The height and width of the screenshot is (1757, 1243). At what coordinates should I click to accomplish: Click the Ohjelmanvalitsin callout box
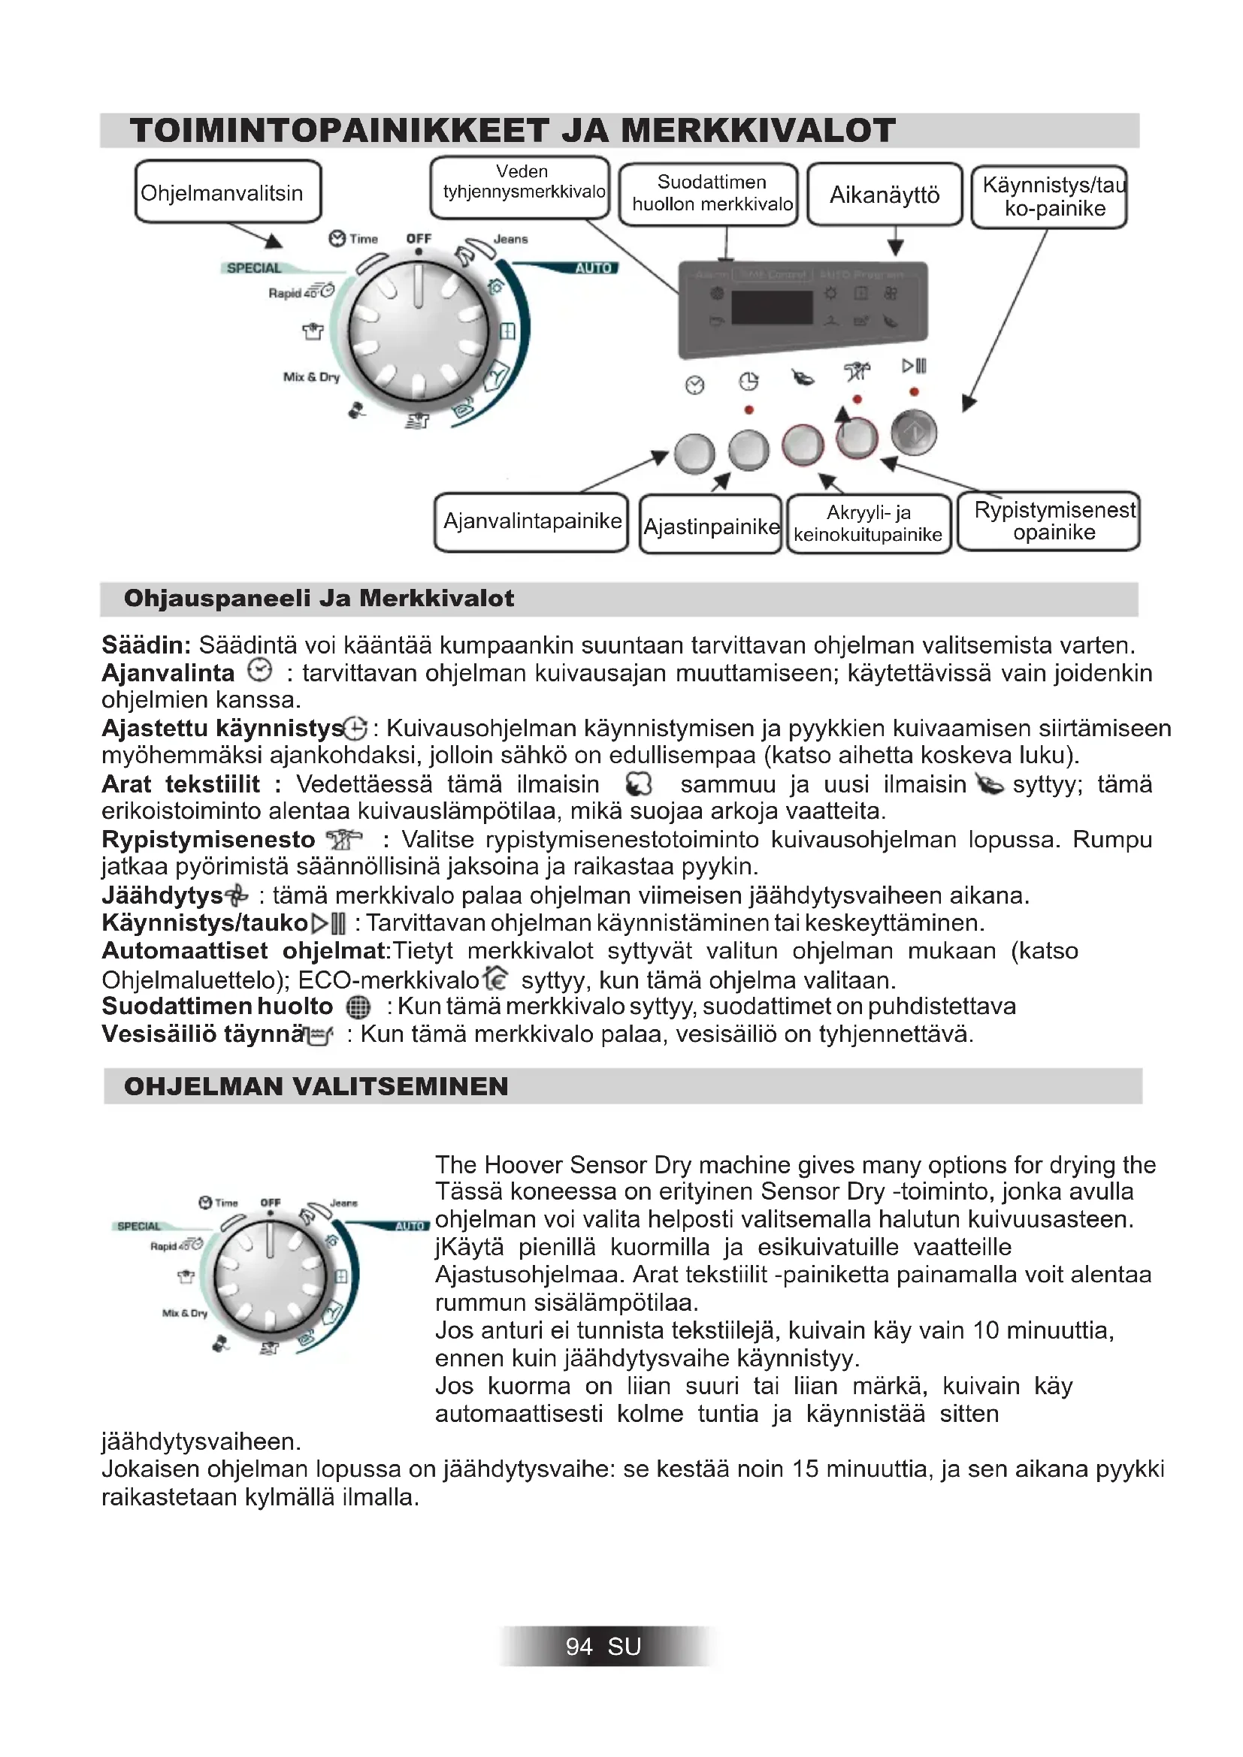coord(227,192)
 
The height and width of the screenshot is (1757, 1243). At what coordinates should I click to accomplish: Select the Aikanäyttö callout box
coord(884,195)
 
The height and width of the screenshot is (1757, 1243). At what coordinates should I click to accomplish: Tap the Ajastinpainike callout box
coord(710,526)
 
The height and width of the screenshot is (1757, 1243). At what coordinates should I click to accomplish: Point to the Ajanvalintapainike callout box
coord(531,522)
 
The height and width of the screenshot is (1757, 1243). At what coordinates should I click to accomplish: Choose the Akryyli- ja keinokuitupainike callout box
coord(868,524)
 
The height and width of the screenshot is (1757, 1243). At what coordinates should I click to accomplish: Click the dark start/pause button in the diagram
coord(914,433)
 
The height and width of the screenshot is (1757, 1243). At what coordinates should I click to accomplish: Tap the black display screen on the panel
coord(772,308)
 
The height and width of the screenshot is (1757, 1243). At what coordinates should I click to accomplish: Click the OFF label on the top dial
coord(419,239)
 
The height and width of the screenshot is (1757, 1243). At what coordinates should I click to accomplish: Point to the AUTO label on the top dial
coord(593,268)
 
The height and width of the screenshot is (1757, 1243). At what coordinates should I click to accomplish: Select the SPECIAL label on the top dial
coord(254,268)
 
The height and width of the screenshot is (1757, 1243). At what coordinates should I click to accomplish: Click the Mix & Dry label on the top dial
coord(312,376)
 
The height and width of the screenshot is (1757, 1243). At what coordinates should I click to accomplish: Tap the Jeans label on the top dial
coord(510,239)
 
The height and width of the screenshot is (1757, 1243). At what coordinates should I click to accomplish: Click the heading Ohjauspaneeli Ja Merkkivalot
coord(319,599)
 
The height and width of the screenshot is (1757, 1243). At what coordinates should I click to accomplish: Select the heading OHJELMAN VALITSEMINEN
coord(316,1087)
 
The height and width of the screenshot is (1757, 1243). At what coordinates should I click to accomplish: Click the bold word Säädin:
coord(147,645)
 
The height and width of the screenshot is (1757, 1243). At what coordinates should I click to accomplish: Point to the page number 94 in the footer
coord(579,1647)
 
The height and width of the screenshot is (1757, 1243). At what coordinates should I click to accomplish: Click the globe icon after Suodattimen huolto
coord(358,1007)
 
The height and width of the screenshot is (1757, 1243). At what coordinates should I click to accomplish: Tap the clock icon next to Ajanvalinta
coord(260,671)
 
